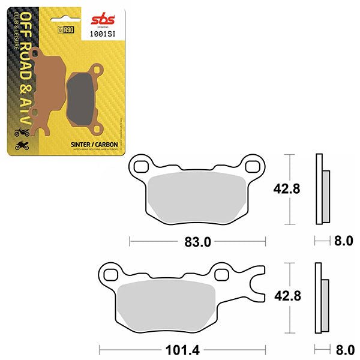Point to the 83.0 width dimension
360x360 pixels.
click(198, 242)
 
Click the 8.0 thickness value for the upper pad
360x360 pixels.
click(344, 242)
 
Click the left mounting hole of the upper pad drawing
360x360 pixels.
click(142, 166)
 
